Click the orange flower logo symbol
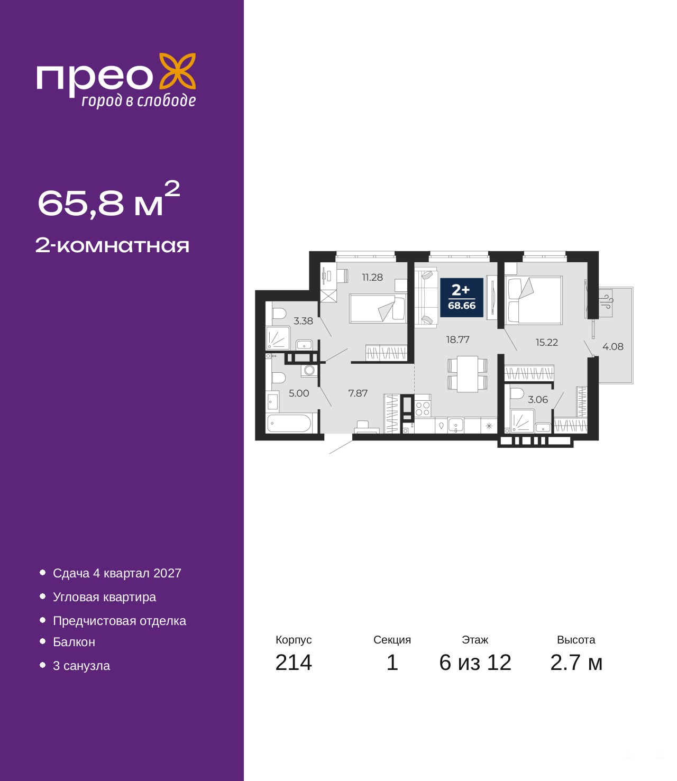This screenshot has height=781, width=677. click(x=177, y=72)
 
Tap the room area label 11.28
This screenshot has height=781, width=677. click(x=372, y=277)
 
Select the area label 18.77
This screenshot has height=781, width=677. click(x=458, y=339)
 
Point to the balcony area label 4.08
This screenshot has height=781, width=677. click(x=613, y=346)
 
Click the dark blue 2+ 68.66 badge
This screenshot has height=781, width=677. click(x=462, y=297)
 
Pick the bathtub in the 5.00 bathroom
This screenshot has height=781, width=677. click(x=289, y=423)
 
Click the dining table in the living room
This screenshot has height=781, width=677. click(x=468, y=374)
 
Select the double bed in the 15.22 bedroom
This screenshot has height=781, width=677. click(x=534, y=300)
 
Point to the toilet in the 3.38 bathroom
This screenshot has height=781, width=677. click(x=279, y=314)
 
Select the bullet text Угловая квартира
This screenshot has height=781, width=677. click(x=104, y=597)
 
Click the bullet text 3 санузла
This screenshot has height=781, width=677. click(x=81, y=665)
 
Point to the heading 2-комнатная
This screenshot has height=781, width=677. click(x=112, y=246)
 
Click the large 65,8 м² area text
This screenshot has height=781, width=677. click(x=109, y=199)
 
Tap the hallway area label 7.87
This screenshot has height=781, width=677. click(x=358, y=393)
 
